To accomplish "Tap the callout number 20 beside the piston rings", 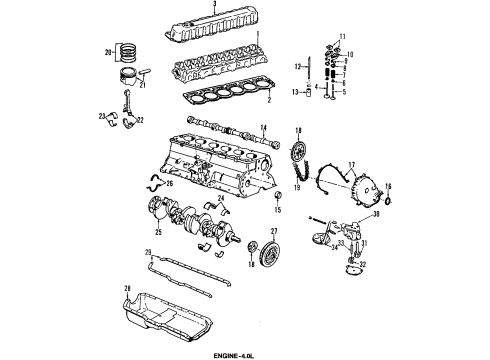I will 107,52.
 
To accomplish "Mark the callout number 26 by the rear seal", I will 169,184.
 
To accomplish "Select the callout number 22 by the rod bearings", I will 139,121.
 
